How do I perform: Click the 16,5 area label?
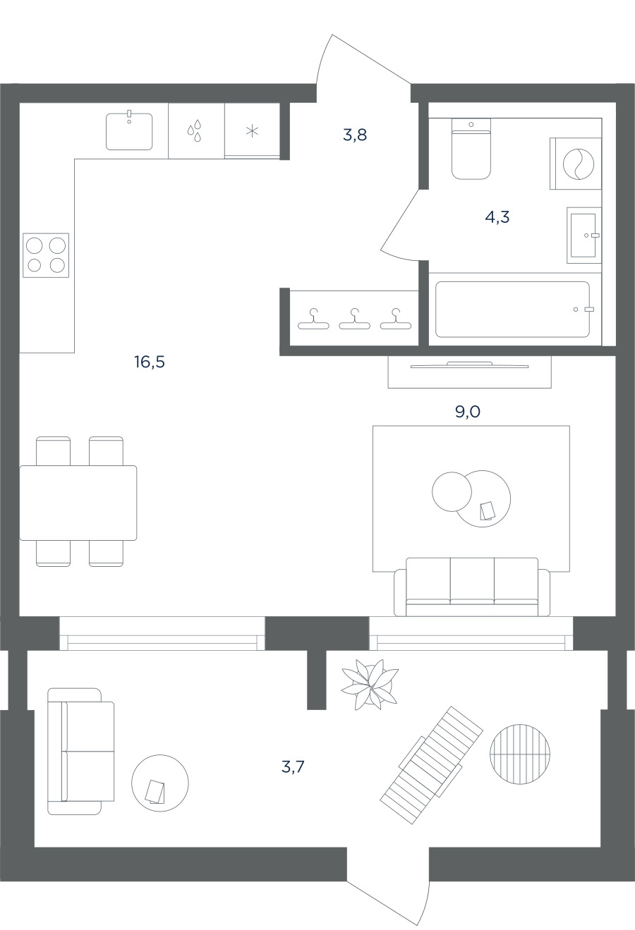tap(150, 362)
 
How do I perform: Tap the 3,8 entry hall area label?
tap(355, 135)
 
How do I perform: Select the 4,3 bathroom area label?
tap(497, 216)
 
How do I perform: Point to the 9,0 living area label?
tap(468, 412)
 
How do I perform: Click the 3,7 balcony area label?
tap(293, 767)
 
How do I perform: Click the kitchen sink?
tap(129, 131)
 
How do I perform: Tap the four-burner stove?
tap(46, 255)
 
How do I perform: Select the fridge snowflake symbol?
tap(253, 132)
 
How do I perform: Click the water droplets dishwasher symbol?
tap(194, 130)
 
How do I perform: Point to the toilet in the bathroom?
tap(471, 149)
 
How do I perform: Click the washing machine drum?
tap(579, 164)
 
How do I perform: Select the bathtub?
tap(512, 310)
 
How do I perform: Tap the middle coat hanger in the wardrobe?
tap(354, 319)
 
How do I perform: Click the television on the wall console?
tap(470, 365)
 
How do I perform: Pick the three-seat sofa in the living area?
tap(472, 587)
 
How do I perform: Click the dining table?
tap(78, 503)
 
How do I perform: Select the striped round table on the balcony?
tap(520, 754)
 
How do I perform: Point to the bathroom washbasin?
tap(584, 235)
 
